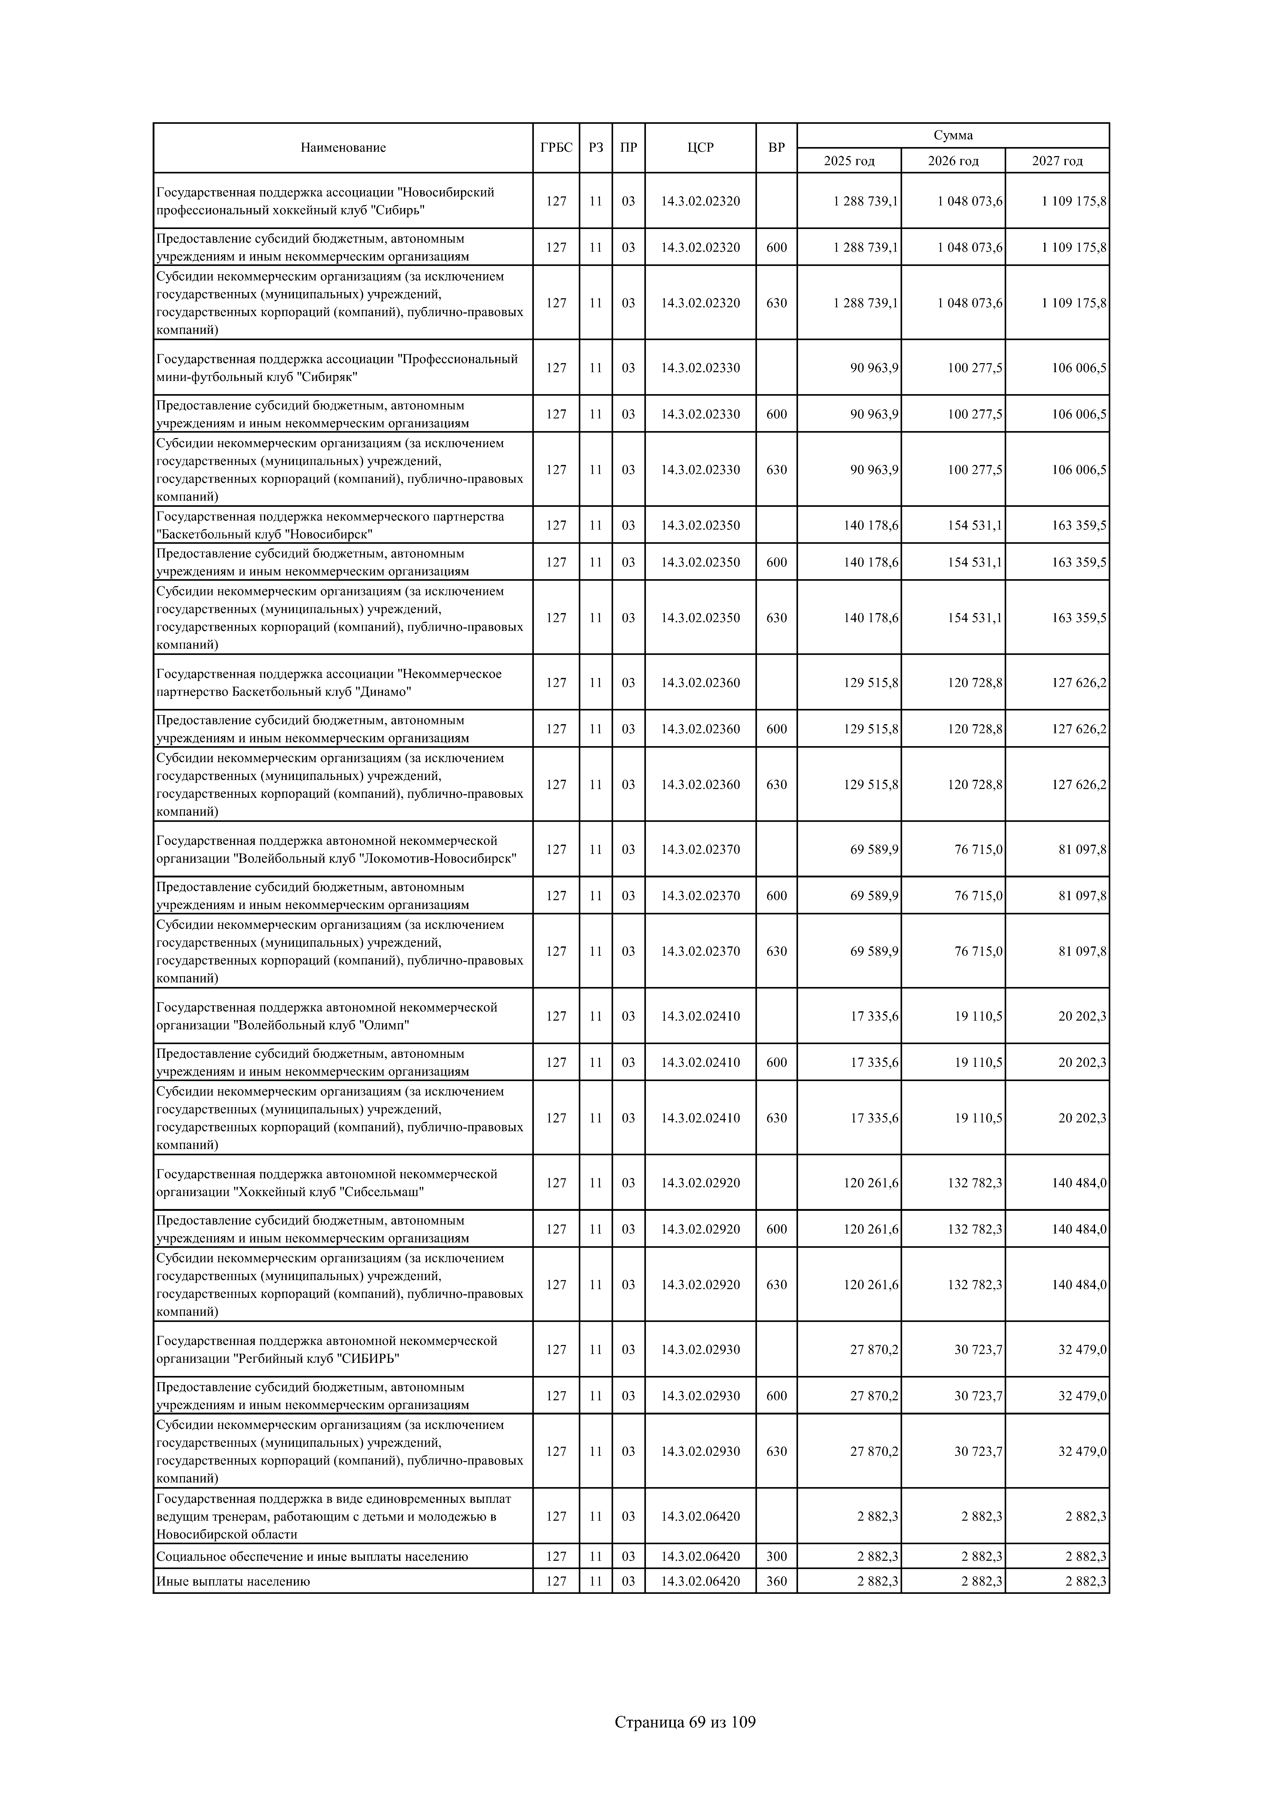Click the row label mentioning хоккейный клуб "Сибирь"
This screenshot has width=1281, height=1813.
click(x=325, y=201)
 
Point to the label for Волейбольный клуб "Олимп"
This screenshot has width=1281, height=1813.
click(x=327, y=1016)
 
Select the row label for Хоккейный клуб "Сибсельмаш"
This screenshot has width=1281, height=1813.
click(x=327, y=1183)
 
